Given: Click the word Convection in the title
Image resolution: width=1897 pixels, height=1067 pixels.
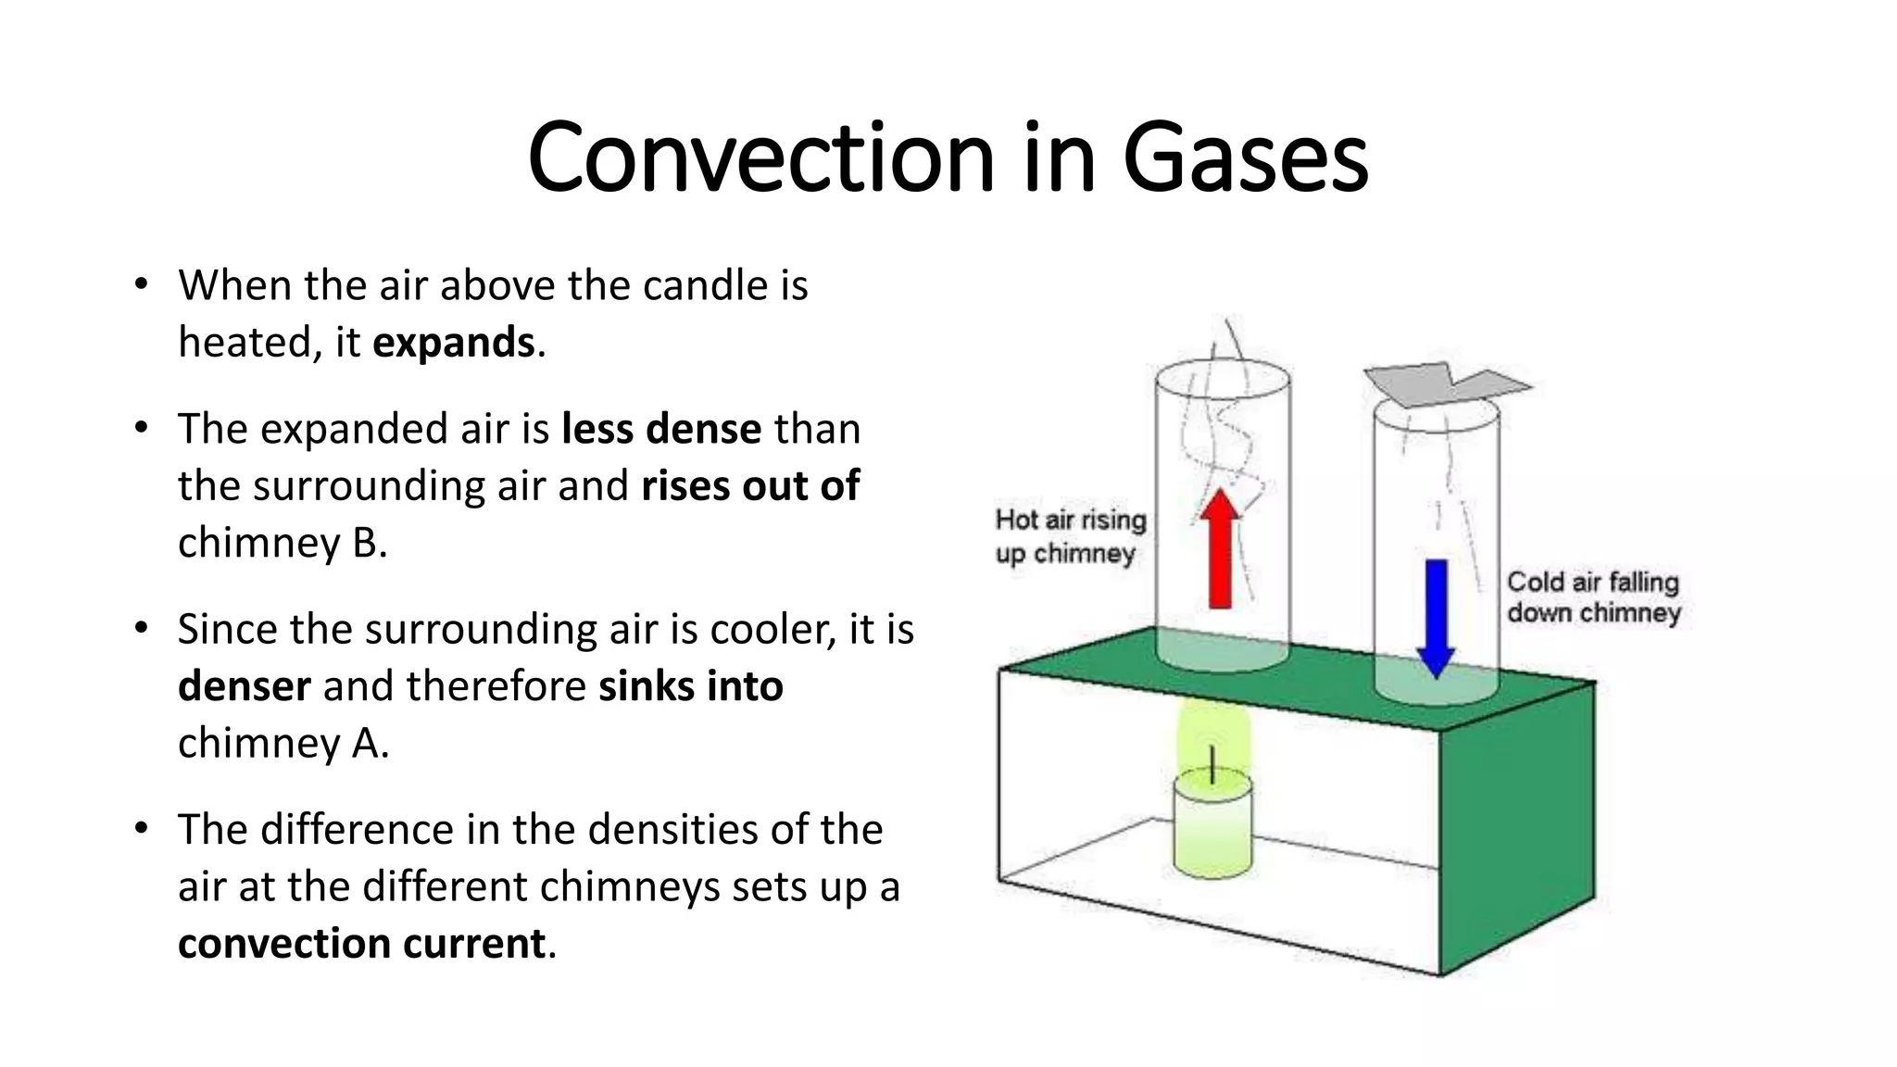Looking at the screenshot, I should tap(760, 157).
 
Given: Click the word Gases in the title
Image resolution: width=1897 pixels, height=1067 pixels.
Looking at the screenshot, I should tap(1245, 157).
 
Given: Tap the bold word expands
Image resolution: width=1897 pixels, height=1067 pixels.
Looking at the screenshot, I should tap(453, 343).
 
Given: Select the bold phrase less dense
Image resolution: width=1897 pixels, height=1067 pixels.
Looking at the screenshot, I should tap(661, 429).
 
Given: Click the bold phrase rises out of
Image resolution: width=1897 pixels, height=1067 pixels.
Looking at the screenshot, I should tap(750, 486).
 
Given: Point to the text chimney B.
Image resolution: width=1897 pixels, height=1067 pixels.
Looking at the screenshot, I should tap(282, 543).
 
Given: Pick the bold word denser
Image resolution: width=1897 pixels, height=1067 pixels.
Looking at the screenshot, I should tap(244, 686).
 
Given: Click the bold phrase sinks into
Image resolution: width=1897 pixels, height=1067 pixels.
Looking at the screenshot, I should tap(691, 686).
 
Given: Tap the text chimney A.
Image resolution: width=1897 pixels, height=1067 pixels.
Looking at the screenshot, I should tap(283, 743).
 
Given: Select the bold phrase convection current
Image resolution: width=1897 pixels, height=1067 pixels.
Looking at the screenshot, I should tap(361, 944).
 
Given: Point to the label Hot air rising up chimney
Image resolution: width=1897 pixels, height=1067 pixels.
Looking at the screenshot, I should tap(1069, 536).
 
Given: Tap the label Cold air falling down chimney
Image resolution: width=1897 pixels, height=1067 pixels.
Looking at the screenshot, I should tap(1592, 597).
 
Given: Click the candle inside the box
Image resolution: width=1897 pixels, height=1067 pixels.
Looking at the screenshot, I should tap(1212, 824).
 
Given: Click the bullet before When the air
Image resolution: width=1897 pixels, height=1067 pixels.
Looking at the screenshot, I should tap(141, 284).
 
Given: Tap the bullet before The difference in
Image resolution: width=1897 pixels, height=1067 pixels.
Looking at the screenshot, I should tap(141, 828).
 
